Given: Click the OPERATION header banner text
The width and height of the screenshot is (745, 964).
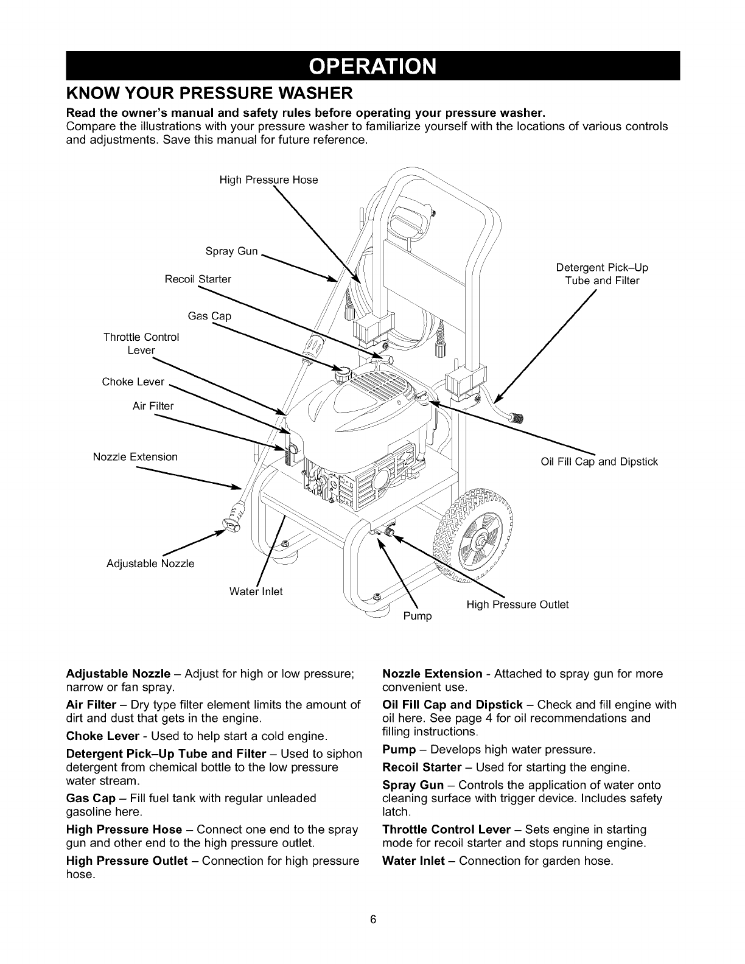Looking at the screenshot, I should pyautogui.click(x=372, y=65).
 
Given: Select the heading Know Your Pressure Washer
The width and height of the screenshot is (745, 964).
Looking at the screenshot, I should pyautogui.click(x=209, y=94).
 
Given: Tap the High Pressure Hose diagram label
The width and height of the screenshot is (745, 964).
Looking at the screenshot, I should pyautogui.click(x=268, y=180).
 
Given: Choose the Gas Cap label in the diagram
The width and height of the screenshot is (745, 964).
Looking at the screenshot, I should pyautogui.click(x=209, y=316).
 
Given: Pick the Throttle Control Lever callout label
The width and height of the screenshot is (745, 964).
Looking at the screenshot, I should pyautogui.click(x=141, y=344).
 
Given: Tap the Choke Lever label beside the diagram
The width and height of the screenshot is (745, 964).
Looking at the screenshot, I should pyautogui.click(x=133, y=382).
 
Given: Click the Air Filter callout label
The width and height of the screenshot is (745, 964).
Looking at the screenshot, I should pyautogui.click(x=153, y=406).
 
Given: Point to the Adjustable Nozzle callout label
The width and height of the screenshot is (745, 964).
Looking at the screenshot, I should pyautogui.click(x=150, y=564).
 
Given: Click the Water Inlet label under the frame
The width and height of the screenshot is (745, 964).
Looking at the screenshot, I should pyautogui.click(x=256, y=591).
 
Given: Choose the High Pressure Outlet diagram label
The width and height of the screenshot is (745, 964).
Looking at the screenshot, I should pyautogui.click(x=517, y=604).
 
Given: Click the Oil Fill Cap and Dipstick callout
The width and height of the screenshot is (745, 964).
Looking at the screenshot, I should pyautogui.click(x=599, y=461).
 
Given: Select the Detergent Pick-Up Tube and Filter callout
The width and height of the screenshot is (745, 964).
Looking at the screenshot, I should pyautogui.click(x=602, y=274).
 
